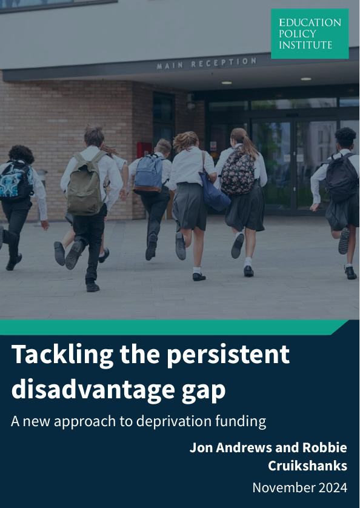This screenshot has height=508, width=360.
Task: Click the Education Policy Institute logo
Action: point(310,33)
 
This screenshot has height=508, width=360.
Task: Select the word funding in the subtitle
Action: point(244,421)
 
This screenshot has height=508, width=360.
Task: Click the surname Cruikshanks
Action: point(308,466)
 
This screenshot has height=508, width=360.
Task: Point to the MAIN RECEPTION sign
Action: point(207,63)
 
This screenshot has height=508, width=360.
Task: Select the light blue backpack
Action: point(149,173)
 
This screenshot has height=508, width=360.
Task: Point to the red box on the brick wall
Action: point(144,149)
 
